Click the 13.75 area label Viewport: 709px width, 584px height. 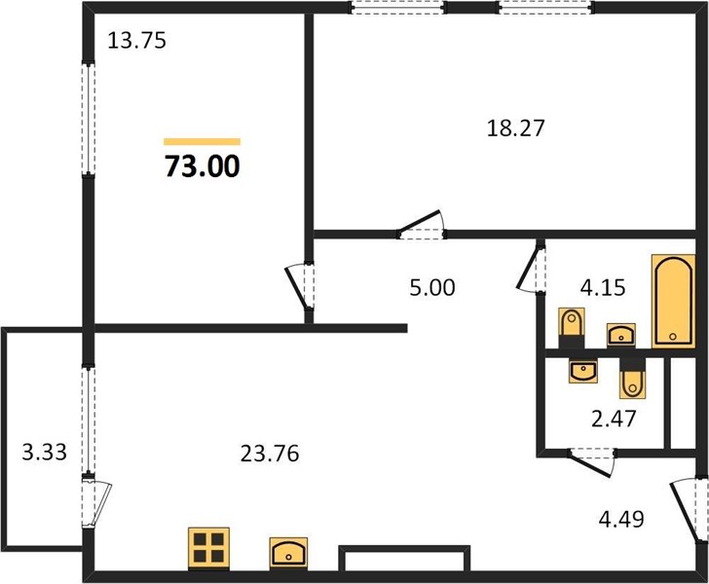[137, 41]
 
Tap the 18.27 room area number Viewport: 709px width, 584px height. [515, 128]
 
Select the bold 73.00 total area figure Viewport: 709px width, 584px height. [203, 166]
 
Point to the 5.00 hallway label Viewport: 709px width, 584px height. [432, 287]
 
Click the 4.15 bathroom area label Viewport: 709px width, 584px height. [603, 287]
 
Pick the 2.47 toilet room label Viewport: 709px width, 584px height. [614, 419]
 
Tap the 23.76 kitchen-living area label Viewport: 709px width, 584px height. [270, 454]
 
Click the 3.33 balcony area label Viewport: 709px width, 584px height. [45, 452]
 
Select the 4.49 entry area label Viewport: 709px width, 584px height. [621, 519]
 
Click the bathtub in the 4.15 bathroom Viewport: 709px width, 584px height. [673, 301]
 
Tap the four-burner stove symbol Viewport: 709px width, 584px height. [208, 547]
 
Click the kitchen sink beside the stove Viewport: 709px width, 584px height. [288, 552]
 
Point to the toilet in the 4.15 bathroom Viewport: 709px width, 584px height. [572, 328]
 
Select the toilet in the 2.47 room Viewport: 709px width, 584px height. [633, 379]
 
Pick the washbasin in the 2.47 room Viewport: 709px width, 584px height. [583, 371]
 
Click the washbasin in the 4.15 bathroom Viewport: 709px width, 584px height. [620, 335]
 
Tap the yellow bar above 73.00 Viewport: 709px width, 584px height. [203, 142]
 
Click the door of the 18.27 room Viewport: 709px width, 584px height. [421, 225]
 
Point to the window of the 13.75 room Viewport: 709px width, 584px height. [89, 119]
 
